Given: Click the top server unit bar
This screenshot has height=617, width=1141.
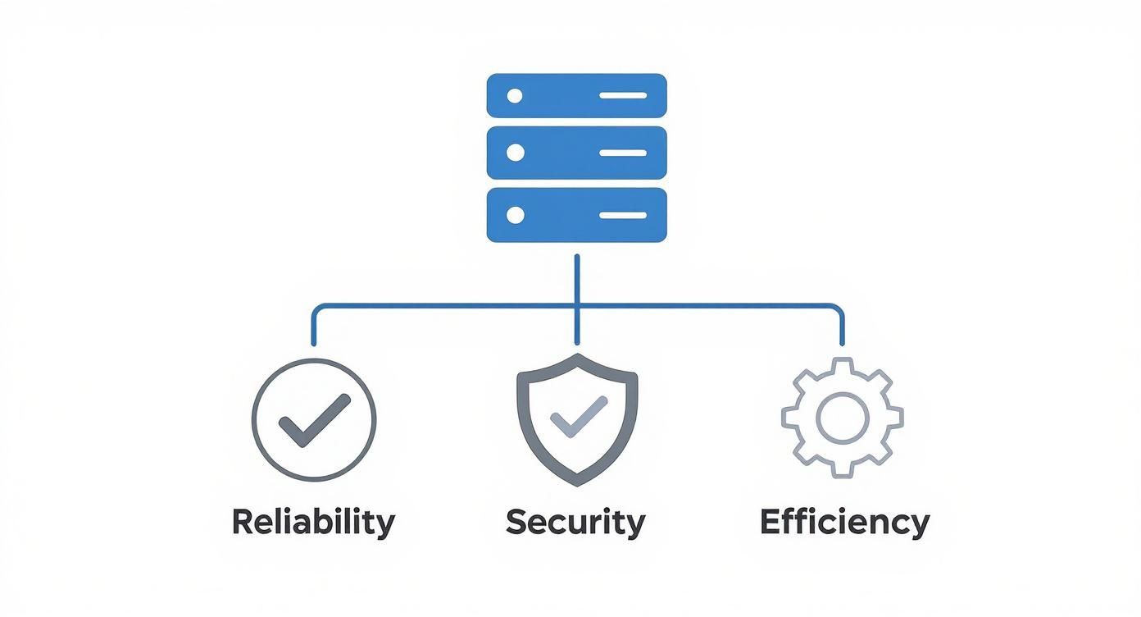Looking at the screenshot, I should [576, 96].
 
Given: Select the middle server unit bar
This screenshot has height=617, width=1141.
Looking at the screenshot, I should [576, 153].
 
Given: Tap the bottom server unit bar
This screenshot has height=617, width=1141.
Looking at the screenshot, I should [576, 215].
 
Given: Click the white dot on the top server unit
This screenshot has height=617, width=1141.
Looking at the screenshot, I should [515, 96].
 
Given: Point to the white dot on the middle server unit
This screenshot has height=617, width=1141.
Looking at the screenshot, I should [515, 153].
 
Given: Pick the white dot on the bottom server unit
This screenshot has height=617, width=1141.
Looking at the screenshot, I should [515, 215].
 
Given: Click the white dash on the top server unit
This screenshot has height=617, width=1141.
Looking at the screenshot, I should [623, 96].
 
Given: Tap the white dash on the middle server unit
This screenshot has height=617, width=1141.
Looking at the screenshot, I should [623, 153].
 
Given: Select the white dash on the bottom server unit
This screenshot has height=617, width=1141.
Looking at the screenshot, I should [623, 215].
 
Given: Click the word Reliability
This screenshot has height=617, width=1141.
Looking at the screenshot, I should [313, 522].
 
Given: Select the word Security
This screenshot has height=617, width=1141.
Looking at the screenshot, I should [575, 522].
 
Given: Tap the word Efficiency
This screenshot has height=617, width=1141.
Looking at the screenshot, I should [844, 522].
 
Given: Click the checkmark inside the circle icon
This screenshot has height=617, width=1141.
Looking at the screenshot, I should [314, 419].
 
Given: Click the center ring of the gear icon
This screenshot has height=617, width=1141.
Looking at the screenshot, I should [842, 417].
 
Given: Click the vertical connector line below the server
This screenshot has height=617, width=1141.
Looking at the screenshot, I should [577, 279].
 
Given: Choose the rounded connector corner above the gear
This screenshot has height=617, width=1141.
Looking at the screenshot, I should [837, 310].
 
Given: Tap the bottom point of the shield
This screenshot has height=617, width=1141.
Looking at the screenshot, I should [577, 482].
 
